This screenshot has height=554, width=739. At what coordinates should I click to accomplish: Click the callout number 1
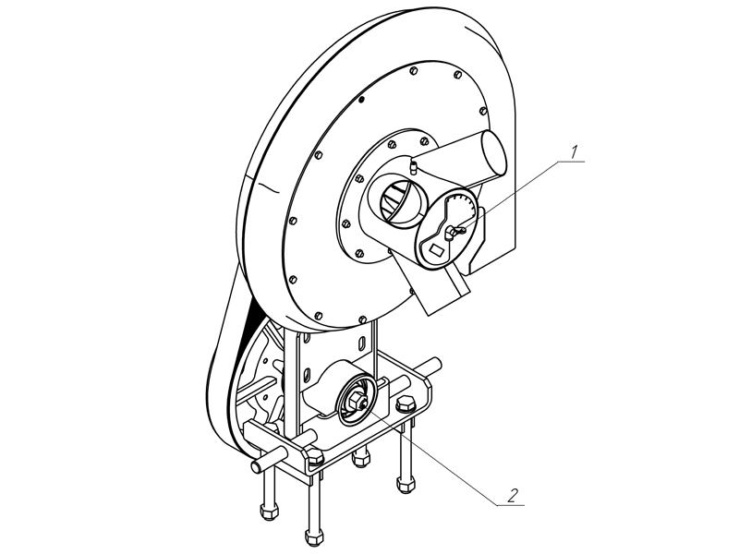tap(574, 152)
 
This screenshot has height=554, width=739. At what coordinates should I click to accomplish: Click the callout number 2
tap(513, 495)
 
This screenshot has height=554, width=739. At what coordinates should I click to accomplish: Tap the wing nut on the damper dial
tap(454, 232)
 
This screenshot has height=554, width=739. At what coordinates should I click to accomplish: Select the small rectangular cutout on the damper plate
tap(437, 248)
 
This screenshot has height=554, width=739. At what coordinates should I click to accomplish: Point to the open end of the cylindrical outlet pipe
tap(494, 152)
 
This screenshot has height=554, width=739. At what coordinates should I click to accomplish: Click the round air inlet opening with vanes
tap(397, 200)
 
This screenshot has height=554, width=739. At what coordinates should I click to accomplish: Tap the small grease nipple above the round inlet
tap(413, 167)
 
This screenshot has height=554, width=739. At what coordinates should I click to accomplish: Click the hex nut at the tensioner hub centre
tap(355, 402)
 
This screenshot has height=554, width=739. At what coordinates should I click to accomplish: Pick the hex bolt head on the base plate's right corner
tap(406, 405)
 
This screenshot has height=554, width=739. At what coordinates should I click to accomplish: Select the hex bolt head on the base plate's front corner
tap(315, 456)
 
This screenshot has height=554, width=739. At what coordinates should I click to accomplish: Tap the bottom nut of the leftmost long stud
tap(268, 513)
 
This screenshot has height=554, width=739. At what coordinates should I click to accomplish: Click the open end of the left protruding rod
tap(256, 467)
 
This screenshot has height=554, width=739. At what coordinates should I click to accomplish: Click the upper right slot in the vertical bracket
tap(362, 343)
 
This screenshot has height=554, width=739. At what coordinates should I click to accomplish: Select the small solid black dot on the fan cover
tap(361, 100)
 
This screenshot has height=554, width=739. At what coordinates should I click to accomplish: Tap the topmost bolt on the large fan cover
tap(414, 71)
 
